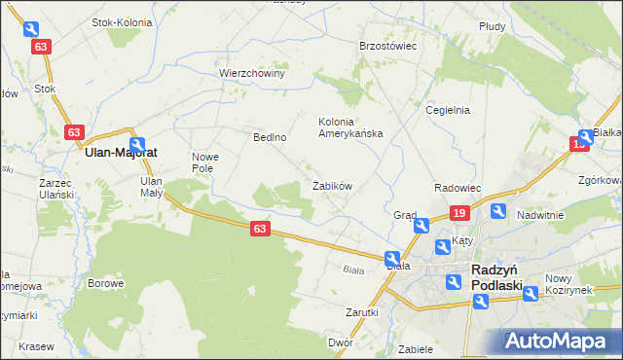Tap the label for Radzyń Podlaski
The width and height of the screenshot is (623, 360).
(x=496, y=277)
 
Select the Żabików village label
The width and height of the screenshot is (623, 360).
(x=331, y=185)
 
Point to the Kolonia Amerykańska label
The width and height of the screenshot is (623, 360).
(x=350, y=127)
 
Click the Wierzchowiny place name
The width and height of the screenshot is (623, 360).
(x=251, y=73)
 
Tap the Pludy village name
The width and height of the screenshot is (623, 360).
(x=492, y=26)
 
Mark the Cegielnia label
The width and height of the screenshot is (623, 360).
(x=448, y=110)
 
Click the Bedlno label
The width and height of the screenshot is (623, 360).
(x=270, y=137)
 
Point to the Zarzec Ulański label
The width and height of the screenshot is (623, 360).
(x=56, y=189)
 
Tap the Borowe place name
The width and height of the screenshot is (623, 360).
(x=105, y=284)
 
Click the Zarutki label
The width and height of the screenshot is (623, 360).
(x=361, y=312)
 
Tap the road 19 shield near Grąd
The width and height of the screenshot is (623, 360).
(x=460, y=212)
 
